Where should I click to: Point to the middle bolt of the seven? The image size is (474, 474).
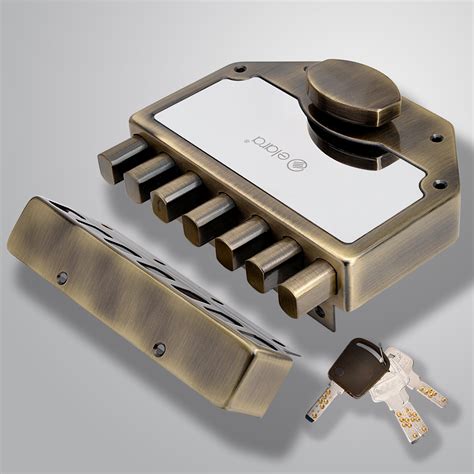pos(209,218)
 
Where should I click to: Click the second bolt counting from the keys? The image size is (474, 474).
pos(273,264)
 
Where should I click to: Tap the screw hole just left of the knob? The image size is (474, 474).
pos(239,69)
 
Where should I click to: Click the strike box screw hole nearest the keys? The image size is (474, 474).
pos(158,349)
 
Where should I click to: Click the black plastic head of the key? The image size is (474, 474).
pos(357,365)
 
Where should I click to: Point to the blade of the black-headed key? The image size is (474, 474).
pos(322,401)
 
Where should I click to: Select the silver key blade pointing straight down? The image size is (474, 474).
pos(411,423)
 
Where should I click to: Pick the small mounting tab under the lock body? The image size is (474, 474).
pos(322,318)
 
